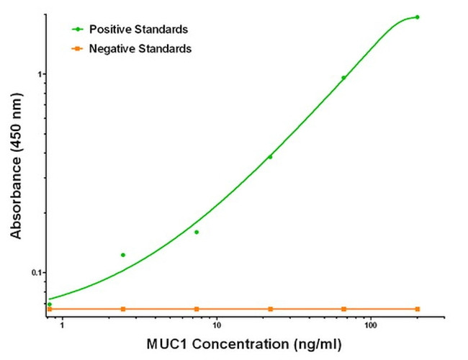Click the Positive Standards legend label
tap(138, 30)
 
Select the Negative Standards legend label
tap(140, 49)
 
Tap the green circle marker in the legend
tap(76, 30)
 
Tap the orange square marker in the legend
tap(76, 49)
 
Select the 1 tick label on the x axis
tap(62, 325)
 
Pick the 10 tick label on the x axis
tap(216, 325)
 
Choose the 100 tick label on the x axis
tap(370, 325)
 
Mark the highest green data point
tap(417, 17)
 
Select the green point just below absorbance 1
tap(343, 78)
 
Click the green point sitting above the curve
tap(123, 255)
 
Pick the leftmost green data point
tap(50, 304)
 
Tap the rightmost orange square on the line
tap(417, 309)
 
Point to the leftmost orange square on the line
tap(50, 309)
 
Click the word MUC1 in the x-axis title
tap(166, 344)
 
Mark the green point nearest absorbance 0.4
tap(270, 157)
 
